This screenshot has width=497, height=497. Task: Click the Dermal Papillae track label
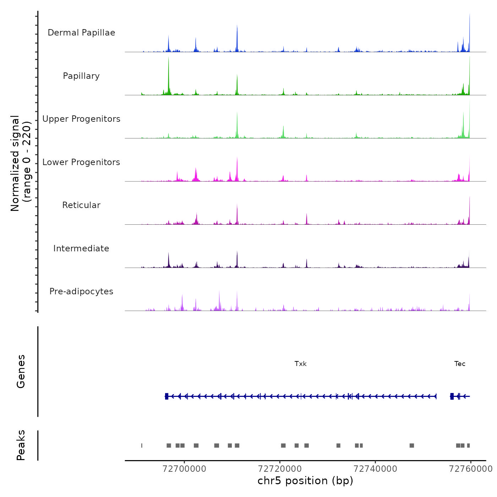pyautogui.click(x=81, y=33)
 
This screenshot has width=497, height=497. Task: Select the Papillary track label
pyautogui.click(x=81, y=76)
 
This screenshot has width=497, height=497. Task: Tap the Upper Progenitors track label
pyautogui.click(x=81, y=119)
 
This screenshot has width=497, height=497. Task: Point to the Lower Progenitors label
pyautogui.click(x=81, y=162)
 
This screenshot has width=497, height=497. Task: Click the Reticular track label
pyautogui.click(x=81, y=205)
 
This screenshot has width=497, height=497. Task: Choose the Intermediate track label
pyautogui.click(x=81, y=248)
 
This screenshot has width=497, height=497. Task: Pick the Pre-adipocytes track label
pyautogui.click(x=81, y=291)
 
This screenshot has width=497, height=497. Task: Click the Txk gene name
pyautogui.click(x=300, y=364)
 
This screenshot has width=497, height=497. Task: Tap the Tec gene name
pyautogui.click(x=460, y=364)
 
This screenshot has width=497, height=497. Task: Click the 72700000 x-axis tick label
pyautogui.click(x=184, y=469)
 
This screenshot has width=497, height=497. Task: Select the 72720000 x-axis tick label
pyautogui.click(x=280, y=469)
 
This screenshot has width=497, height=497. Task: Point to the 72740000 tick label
pyautogui.click(x=375, y=469)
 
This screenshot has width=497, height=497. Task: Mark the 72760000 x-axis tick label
pyautogui.click(x=471, y=469)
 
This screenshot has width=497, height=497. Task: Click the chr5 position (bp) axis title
pyautogui.click(x=305, y=481)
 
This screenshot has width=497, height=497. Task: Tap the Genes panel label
pyautogui.click(x=21, y=371)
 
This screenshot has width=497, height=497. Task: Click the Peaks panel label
pyautogui.click(x=21, y=445)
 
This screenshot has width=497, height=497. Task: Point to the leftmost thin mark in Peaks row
pyautogui.click(x=142, y=446)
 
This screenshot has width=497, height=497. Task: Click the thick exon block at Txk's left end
pyautogui.click(x=166, y=396)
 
